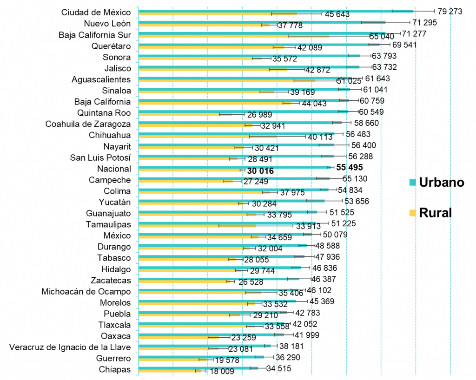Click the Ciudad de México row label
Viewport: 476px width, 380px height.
click(x=96, y=13)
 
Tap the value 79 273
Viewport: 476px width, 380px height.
click(x=450, y=11)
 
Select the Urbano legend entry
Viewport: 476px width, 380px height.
click(x=441, y=182)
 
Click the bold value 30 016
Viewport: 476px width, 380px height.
click(x=260, y=171)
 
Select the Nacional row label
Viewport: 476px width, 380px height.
click(x=114, y=169)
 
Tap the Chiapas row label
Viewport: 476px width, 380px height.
click(x=115, y=370)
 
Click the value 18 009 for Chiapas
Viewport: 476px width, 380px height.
click(x=221, y=372)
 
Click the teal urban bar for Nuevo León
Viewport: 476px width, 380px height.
click(x=260, y=21)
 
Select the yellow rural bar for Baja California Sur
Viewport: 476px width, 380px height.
click(x=232, y=35)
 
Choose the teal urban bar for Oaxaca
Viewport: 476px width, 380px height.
click(x=209, y=334)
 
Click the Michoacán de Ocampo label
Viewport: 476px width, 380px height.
click(x=86, y=292)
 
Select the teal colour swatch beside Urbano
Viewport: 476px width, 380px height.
click(x=412, y=182)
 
